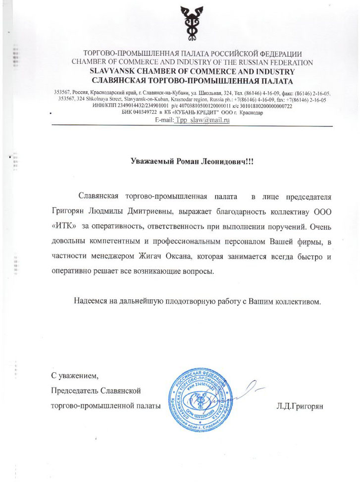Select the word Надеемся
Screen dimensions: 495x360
click(92, 300)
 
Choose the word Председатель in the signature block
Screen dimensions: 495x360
click(74, 391)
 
